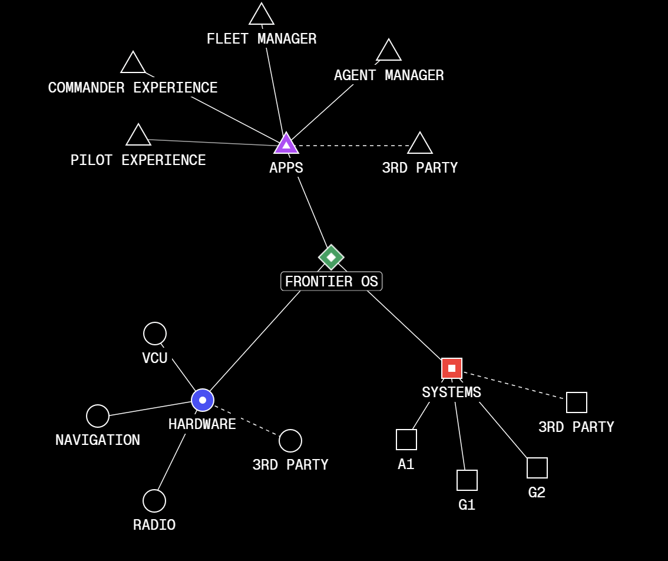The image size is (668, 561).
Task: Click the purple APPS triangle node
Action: click(x=286, y=144)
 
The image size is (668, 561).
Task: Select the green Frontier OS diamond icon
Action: click(x=331, y=257)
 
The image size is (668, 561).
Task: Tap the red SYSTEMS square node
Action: click(x=452, y=368)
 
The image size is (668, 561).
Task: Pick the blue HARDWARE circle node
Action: click(x=203, y=400)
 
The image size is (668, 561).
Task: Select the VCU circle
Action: click(x=155, y=334)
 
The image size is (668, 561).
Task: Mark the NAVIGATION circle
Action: click(x=98, y=416)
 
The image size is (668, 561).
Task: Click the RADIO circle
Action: click(x=154, y=501)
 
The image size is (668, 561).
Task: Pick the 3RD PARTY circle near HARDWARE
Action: click(x=290, y=441)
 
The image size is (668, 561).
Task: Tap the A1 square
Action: click(x=406, y=440)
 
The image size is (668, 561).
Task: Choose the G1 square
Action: click(x=467, y=480)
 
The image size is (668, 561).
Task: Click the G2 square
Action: click(x=537, y=468)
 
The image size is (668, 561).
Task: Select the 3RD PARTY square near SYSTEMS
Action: click(x=577, y=402)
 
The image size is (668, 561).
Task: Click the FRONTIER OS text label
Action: click(x=332, y=282)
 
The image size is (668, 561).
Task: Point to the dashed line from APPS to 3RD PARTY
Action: click(x=353, y=146)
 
